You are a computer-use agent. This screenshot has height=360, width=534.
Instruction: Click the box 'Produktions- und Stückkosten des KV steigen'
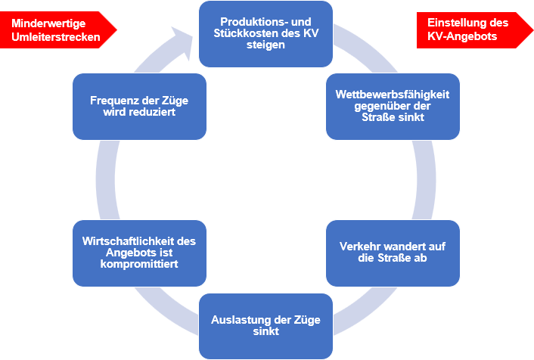pos(265,33)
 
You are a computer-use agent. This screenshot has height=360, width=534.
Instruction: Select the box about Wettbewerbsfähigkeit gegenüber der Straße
pos(393,106)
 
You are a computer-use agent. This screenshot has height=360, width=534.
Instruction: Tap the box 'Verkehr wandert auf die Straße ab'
pos(393,253)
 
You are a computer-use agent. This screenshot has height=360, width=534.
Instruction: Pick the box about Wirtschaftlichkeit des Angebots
pos(139,253)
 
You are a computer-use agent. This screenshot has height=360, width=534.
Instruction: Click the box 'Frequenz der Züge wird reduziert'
pos(139,106)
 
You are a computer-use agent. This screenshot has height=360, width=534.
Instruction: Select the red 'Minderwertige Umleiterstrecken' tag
pos(57,29)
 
